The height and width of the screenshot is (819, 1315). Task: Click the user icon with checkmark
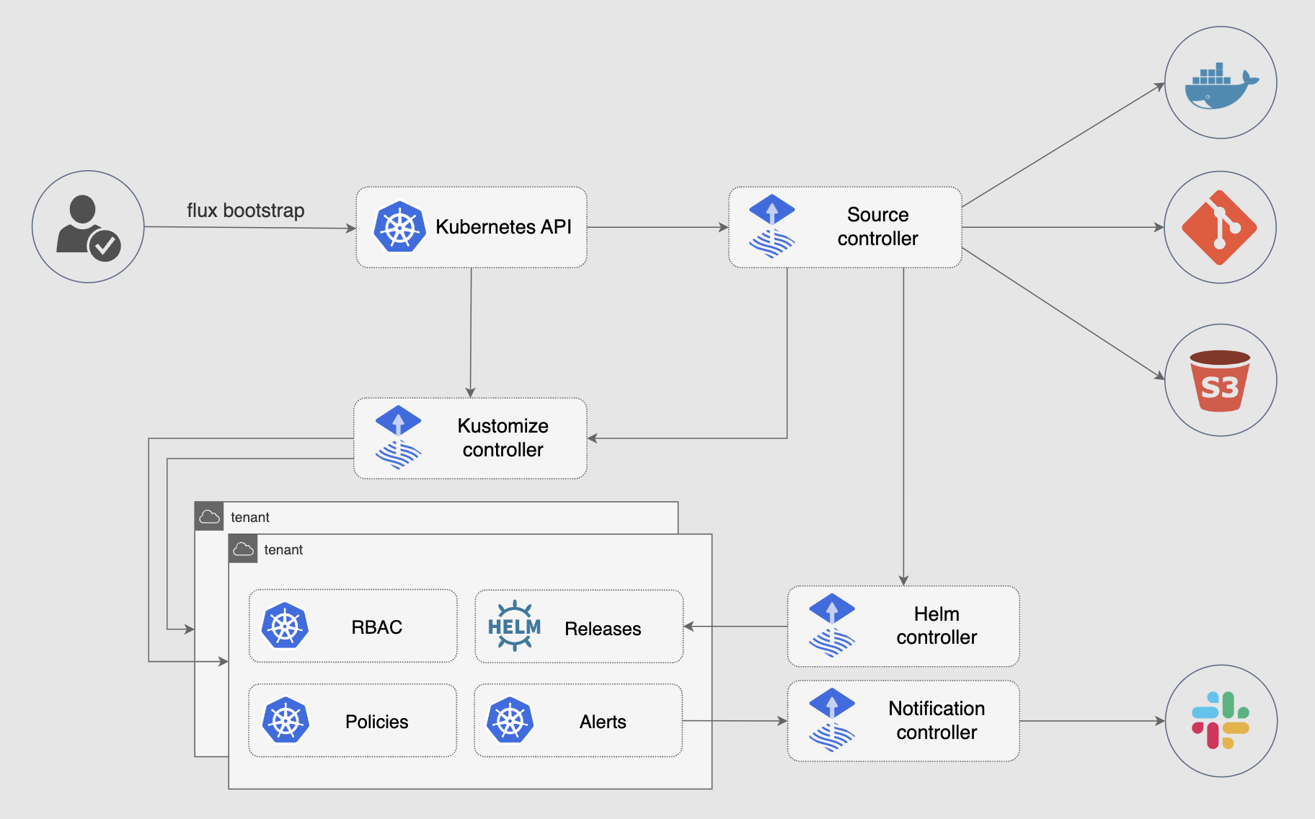[88, 227]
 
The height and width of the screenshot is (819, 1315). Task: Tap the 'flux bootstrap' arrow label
[245, 211]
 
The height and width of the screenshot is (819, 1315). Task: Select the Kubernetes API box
[471, 227]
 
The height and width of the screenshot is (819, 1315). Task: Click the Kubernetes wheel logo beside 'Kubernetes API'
[399, 227]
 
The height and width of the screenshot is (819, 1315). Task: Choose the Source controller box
[845, 227]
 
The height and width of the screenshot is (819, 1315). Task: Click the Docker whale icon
[1221, 84]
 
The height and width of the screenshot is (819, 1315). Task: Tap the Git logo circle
[1220, 227]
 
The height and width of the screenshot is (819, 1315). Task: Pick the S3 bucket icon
[1220, 381]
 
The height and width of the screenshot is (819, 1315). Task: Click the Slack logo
[1221, 720]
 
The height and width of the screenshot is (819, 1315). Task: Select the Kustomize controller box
[470, 438]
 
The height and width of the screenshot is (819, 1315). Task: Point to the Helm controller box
[903, 626]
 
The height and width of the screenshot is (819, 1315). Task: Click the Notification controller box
[903, 720]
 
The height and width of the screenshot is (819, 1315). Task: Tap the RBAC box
[353, 627]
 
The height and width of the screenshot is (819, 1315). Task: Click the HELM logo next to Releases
[514, 626]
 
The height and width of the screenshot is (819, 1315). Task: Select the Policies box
[353, 720]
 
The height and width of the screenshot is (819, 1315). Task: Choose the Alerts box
[578, 720]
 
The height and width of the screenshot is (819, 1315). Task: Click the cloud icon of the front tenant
[244, 549]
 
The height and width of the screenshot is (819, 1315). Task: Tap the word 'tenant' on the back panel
[249, 518]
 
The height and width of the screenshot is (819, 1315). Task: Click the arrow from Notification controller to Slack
[1092, 720]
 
